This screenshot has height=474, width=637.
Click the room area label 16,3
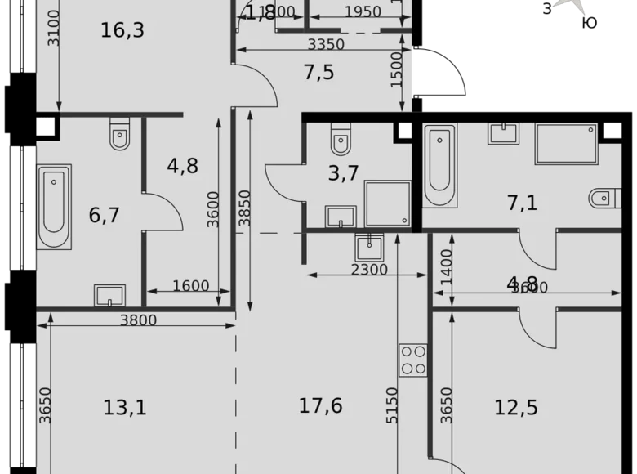click(122, 31)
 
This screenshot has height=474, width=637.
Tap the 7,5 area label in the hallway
click(318, 73)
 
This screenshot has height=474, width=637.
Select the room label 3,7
click(344, 173)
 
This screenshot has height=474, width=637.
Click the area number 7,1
click(523, 203)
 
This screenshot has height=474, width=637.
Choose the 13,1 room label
click(126, 405)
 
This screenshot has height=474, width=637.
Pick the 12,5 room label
click(517, 405)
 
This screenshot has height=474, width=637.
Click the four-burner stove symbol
click(413, 360)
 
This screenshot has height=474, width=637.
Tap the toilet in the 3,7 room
click(341, 140)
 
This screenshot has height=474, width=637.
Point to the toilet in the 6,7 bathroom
click(119, 134)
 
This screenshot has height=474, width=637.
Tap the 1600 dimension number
click(190, 286)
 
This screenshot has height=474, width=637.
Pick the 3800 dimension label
click(137, 321)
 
